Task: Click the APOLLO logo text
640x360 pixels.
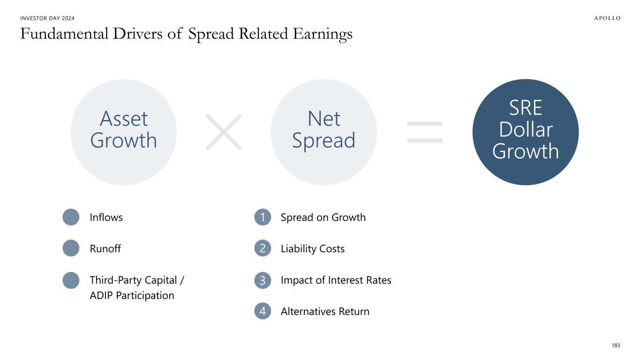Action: (x=607, y=18)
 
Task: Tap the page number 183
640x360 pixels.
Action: (x=616, y=345)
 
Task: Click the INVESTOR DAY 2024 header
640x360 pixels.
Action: (x=47, y=18)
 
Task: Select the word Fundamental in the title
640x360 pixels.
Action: (x=64, y=34)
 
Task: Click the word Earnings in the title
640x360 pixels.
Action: (x=323, y=35)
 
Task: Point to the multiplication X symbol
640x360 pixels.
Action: (x=224, y=132)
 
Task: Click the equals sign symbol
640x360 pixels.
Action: (x=425, y=132)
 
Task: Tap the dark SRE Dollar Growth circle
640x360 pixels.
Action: (x=526, y=132)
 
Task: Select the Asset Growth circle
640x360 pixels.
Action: (x=123, y=132)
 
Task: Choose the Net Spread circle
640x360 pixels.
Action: (x=324, y=132)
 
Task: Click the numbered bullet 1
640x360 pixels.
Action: (x=263, y=217)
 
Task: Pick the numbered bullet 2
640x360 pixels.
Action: (x=263, y=248)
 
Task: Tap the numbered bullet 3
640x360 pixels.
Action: (x=263, y=280)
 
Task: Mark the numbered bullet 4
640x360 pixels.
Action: (x=263, y=311)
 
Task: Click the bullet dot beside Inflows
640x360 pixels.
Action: (x=71, y=217)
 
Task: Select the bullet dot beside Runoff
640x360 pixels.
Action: (x=71, y=248)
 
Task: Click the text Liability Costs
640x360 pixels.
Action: (x=313, y=248)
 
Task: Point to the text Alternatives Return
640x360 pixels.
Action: (x=325, y=311)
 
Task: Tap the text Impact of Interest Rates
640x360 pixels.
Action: (x=336, y=280)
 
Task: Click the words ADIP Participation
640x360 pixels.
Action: (x=132, y=296)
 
